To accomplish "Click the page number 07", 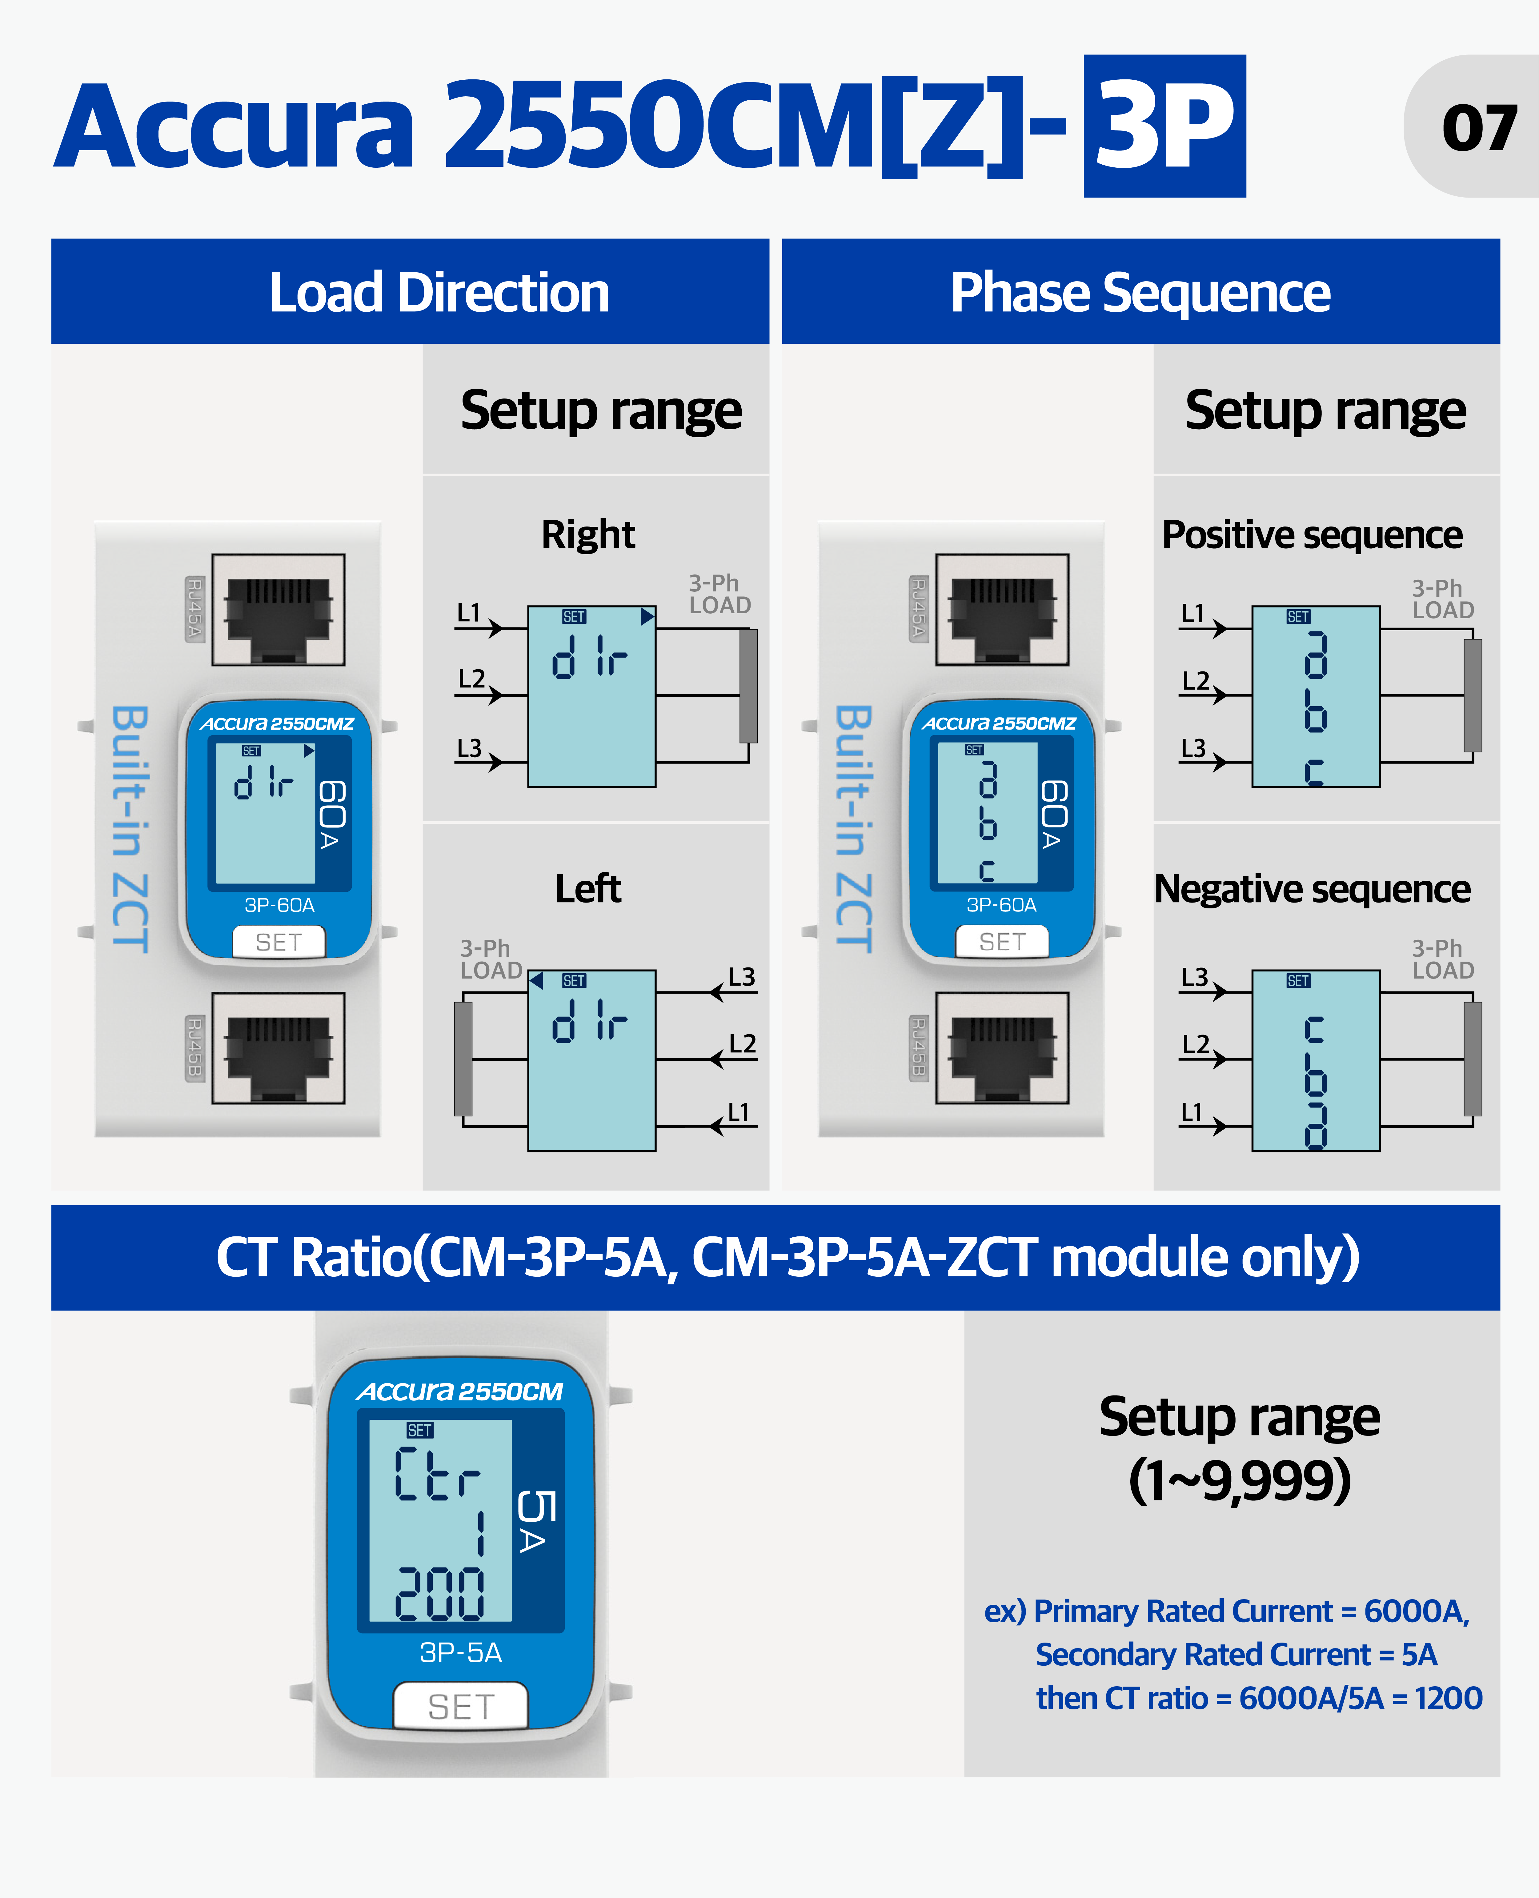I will tap(1479, 128).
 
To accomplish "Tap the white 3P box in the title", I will tap(1164, 126).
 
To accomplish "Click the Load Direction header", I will tap(439, 293).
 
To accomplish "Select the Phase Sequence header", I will tap(1140, 293).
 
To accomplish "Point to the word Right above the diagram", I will tap(588, 535).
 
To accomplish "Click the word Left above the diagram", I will tap(588, 888).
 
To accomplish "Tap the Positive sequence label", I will tap(1312, 535).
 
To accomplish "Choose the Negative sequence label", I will tap(1312, 888).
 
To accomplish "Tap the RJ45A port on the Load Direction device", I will tap(279, 610).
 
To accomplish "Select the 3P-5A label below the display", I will tap(460, 1652).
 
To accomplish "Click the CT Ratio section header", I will tap(787, 1257).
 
